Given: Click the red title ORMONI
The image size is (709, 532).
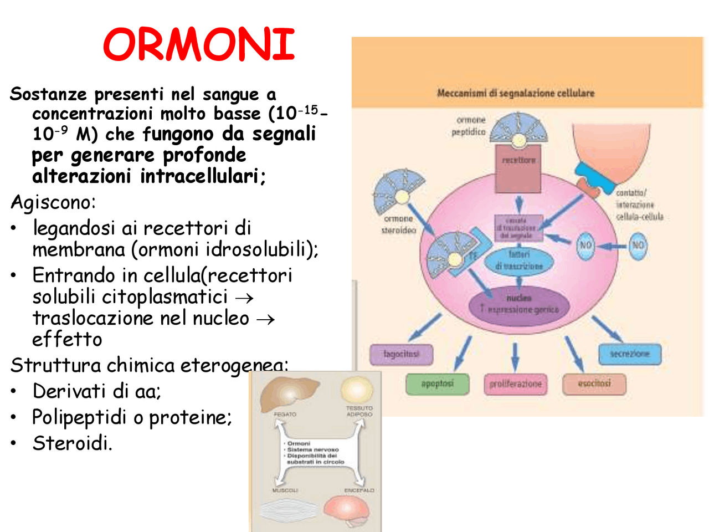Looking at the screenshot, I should [199, 44].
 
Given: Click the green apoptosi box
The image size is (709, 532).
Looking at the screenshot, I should [437, 383].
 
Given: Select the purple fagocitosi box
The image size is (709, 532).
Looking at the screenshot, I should [401, 354].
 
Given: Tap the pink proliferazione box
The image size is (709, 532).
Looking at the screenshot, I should [515, 383].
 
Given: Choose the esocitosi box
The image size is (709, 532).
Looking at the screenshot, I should [594, 383].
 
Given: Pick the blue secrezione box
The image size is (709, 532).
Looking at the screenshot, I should [630, 354].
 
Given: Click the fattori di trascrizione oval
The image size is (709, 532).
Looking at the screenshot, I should [518, 260].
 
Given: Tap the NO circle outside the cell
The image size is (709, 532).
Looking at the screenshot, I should [638, 245].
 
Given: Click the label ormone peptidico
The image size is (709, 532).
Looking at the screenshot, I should [469, 126].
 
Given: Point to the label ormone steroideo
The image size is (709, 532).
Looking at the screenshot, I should [398, 224].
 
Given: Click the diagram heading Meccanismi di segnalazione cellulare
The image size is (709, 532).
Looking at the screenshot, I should [515, 93].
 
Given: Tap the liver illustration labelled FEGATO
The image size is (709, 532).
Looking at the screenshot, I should [289, 393].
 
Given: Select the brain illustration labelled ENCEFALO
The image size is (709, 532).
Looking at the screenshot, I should [346, 510].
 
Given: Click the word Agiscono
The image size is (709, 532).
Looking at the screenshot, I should [53, 202].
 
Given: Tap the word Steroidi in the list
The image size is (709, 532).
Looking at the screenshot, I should [72, 443].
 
